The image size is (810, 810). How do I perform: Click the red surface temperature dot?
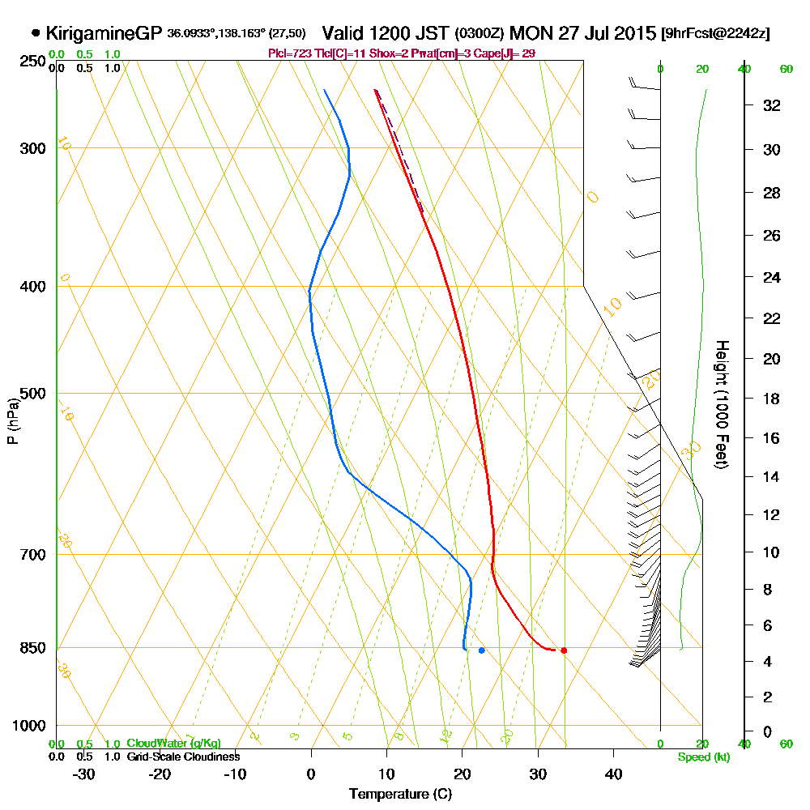click(564, 650)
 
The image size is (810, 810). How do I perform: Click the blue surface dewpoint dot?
click(482, 650)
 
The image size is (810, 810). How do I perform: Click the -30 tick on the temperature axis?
click(83, 774)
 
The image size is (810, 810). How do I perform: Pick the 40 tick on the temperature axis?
click(613, 774)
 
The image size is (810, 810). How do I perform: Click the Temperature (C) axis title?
click(400, 795)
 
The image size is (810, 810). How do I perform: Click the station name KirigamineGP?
click(104, 34)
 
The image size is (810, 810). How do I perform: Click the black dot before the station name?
click(36, 34)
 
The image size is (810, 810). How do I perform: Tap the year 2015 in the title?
click(634, 33)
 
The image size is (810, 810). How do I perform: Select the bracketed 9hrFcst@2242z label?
click(715, 34)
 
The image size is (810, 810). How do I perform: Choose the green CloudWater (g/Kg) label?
click(173, 743)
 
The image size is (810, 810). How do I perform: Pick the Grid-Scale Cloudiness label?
click(182, 756)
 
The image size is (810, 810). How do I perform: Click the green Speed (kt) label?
click(701, 757)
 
